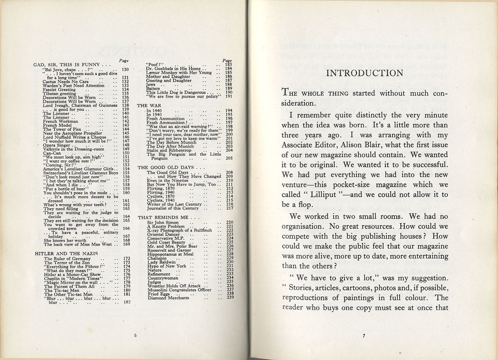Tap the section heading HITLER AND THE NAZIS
tap(66, 254)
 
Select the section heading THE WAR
tap(149, 106)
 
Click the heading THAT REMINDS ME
tap(163, 217)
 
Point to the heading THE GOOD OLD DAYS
tap(165, 167)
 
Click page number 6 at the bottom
tap(136, 335)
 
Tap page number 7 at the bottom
tap(364, 335)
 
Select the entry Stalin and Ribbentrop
tap(169, 150)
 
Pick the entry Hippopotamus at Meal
tap(170, 254)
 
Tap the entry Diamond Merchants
tap(168, 298)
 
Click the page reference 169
tap(126, 244)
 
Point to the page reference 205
tap(229, 158)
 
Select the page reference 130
tap(125, 69)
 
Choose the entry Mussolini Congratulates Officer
tap(179, 290)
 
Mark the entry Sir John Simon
tap(162, 222)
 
